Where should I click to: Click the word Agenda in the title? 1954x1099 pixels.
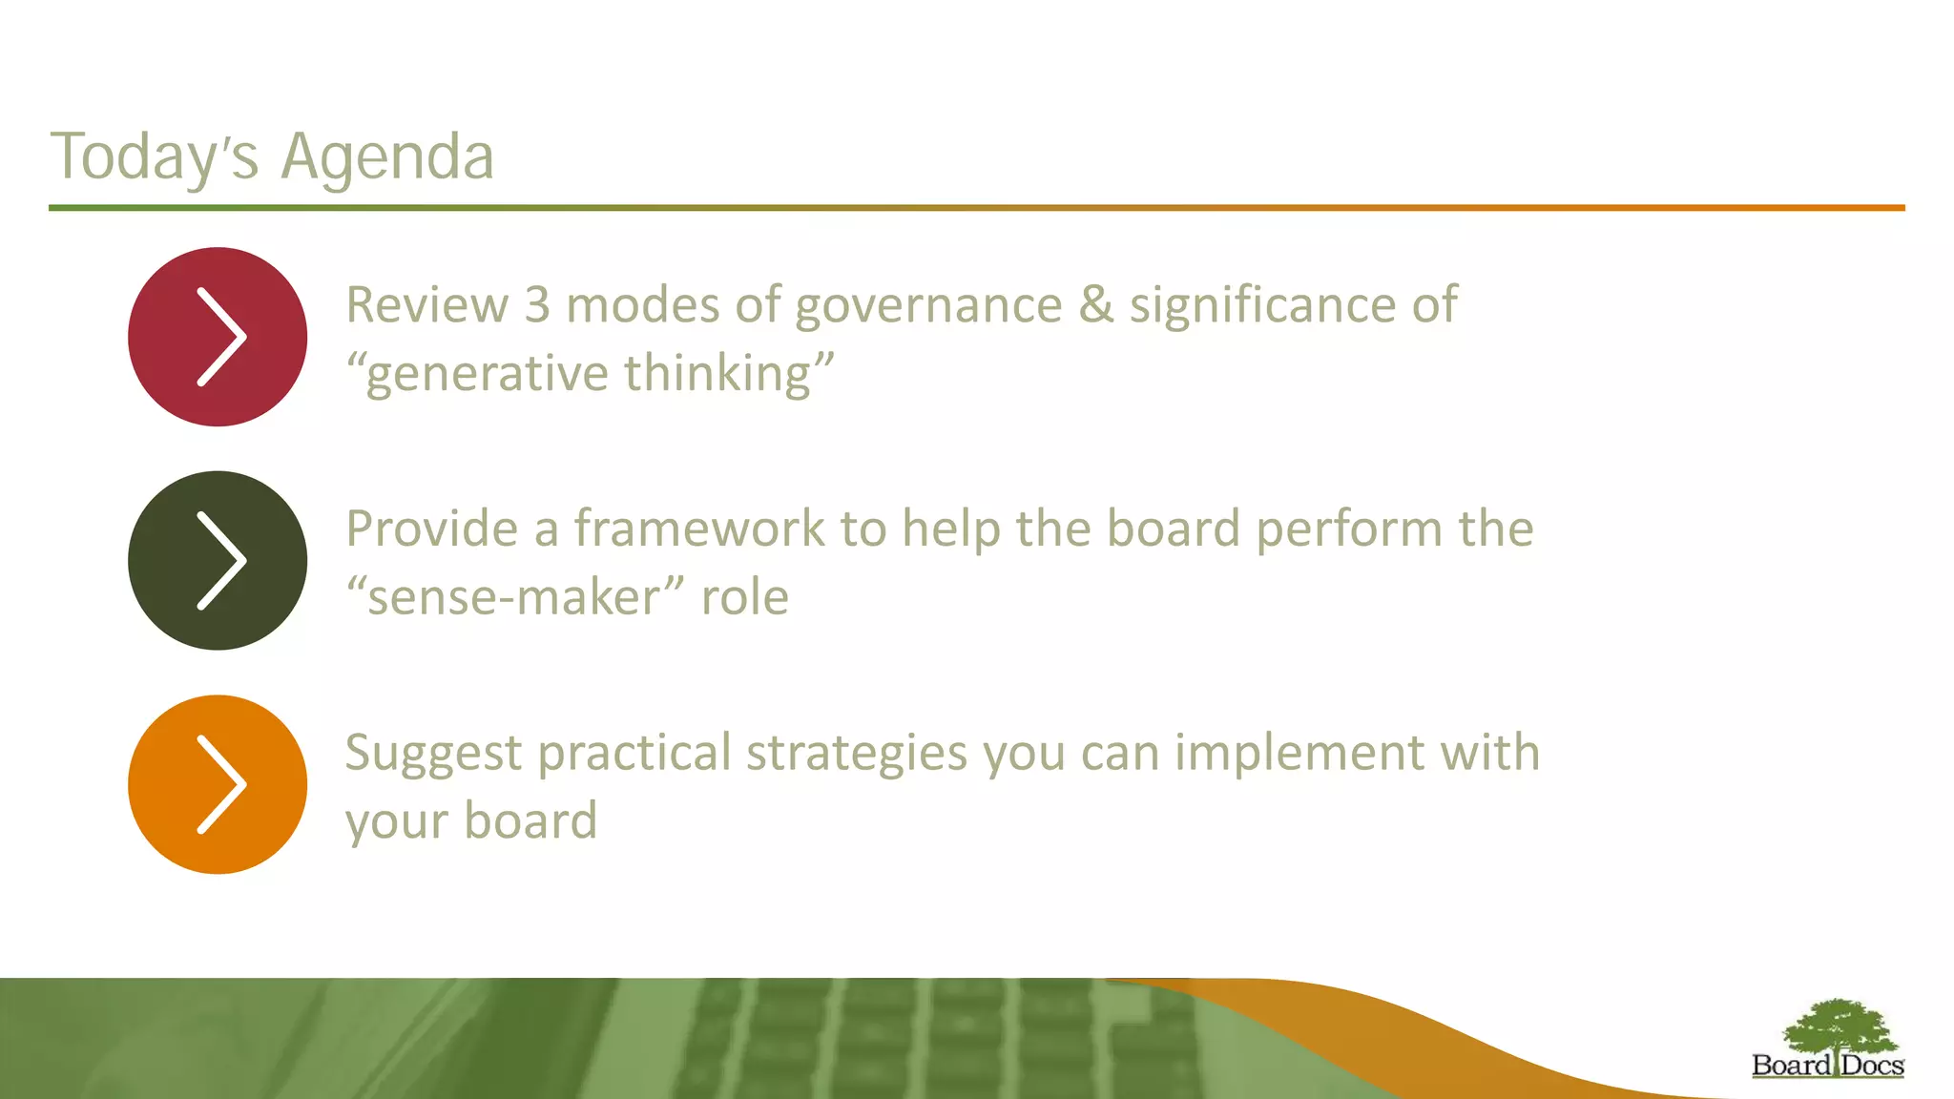[387, 156]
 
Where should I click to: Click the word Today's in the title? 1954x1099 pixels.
[154, 156]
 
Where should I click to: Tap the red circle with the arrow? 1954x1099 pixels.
[218, 337]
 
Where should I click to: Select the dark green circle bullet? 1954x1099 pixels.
[218, 561]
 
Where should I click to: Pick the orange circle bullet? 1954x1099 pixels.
[218, 784]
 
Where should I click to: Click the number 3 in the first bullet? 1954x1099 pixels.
[537, 305]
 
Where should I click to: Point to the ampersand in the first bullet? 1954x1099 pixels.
[1096, 305]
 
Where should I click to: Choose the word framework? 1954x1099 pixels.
[698, 529]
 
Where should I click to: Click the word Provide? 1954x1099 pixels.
[431, 529]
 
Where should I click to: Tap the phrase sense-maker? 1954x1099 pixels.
[514, 598]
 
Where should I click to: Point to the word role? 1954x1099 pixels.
[744, 598]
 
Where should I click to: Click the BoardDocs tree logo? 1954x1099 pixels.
[1828, 1039]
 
